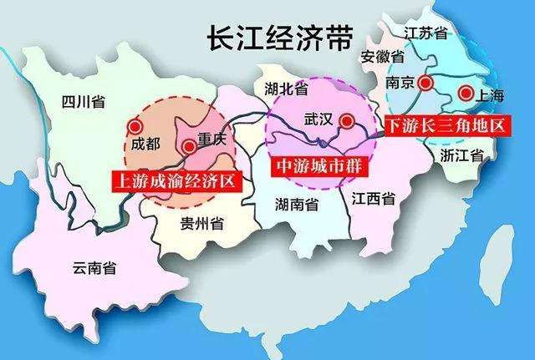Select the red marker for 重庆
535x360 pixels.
point(189,146)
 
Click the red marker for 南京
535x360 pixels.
point(426,83)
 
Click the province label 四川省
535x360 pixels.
point(83,104)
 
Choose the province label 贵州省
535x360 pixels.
point(201,223)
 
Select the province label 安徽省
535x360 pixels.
point(383,58)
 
